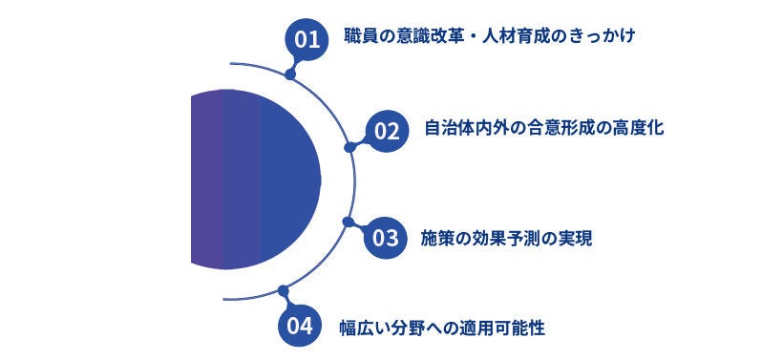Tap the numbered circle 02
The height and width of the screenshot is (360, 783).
click(x=386, y=130)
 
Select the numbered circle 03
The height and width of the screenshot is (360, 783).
click(x=384, y=238)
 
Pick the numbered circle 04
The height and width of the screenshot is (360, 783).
click(x=299, y=326)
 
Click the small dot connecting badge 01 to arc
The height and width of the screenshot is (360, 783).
click(x=290, y=73)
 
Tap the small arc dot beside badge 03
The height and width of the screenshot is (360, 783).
click(x=348, y=222)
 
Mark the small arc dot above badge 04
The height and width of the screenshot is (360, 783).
click(x=282, y=289)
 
